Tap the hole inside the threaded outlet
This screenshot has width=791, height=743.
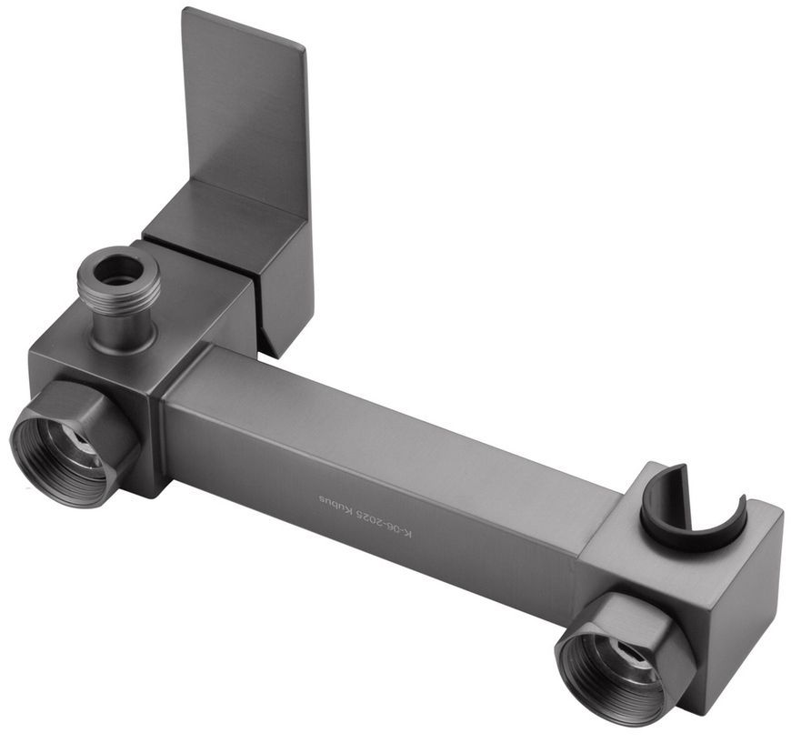click(x=119, y=266)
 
